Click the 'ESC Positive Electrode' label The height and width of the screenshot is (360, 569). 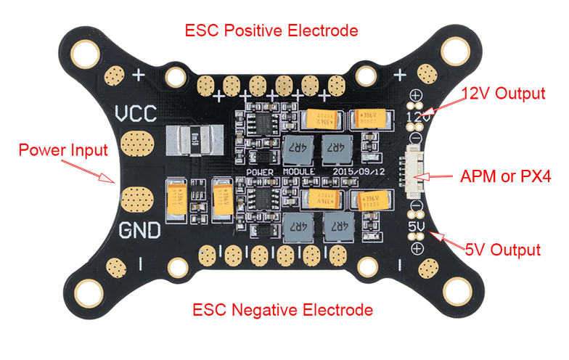271,30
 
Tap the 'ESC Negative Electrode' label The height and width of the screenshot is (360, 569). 283,310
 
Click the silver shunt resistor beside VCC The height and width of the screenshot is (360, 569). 192,138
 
